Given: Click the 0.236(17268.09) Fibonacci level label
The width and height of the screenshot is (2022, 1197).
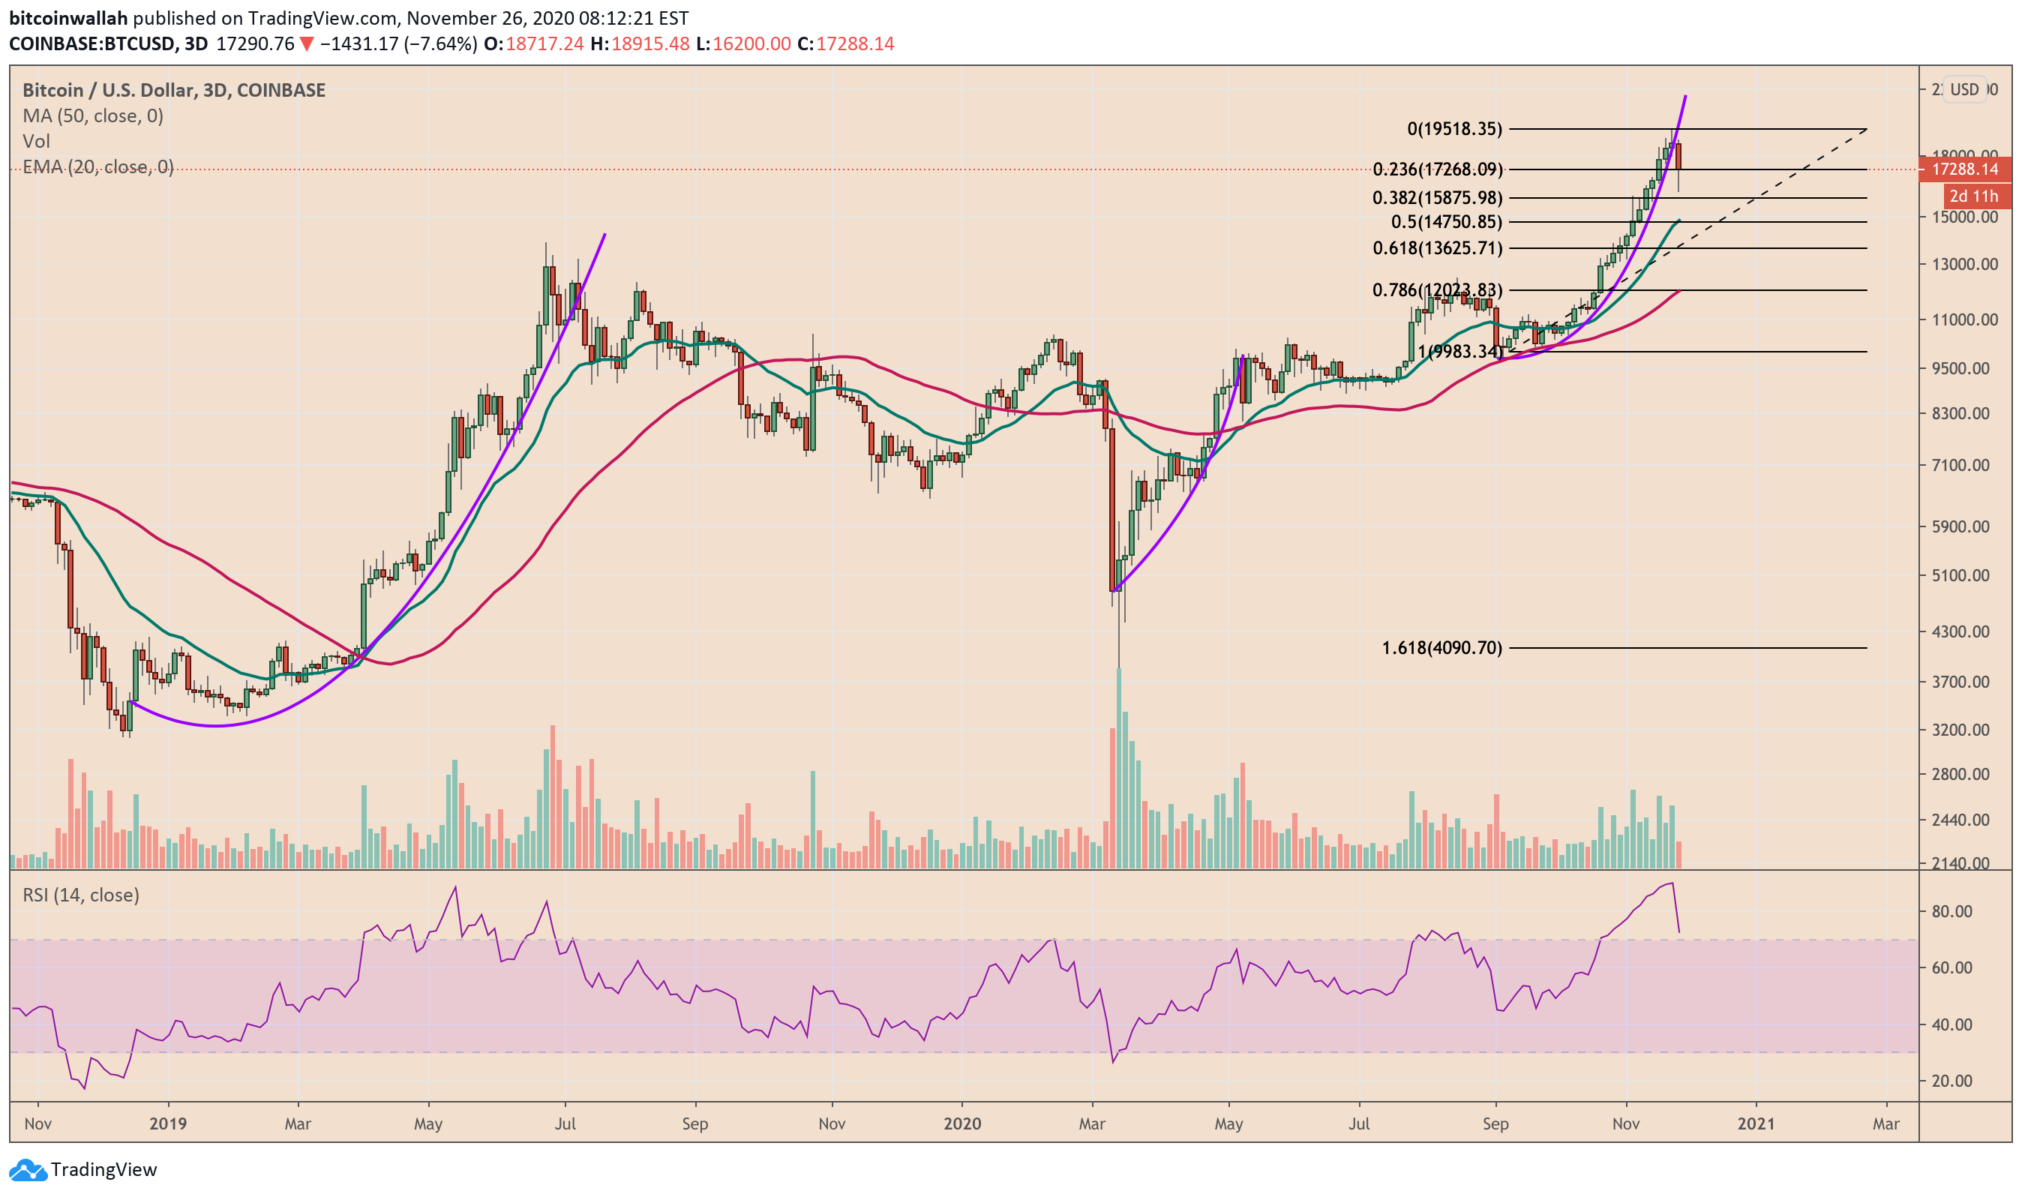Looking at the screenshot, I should [x=1436, y=169].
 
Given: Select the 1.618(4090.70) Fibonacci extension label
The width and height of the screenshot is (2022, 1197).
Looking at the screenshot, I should [x=1441, y=648].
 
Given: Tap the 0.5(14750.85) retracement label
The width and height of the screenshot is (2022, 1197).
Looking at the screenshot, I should [x=1446, y=222].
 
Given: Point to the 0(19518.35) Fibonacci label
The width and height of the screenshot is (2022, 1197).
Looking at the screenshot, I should [x=1454, y=129].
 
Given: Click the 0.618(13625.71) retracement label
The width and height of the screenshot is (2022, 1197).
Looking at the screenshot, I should [x=1437, y=248].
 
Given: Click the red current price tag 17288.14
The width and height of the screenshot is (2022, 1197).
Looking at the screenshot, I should [x=1965, y=169].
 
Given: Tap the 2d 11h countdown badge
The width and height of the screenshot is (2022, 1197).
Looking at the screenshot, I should [x=1972, y=196].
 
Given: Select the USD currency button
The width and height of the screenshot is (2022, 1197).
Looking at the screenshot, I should [x=1964, y=89].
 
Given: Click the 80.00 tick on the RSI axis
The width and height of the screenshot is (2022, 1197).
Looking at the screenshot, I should [x=1951, y=911].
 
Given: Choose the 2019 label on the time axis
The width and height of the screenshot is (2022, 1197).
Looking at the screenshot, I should [x=168, y=1123].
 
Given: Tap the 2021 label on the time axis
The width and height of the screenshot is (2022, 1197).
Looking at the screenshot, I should [x=1756, y=1123].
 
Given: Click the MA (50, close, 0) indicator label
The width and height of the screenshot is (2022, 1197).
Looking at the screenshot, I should [x=93, y=116].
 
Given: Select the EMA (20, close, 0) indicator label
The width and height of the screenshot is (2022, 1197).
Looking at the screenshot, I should [x=97, y=167].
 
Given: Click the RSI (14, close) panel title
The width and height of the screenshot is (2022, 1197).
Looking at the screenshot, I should [x=81, y=895].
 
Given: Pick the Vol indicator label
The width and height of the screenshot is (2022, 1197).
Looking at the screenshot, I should [x=36, y=142].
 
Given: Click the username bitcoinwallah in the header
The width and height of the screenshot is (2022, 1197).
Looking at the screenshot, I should [x=67, y=18].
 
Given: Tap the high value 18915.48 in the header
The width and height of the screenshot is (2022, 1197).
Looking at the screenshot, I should [x=650, y=43].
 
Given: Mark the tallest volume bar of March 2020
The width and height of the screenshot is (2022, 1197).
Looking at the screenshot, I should [x=1119, y=766].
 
